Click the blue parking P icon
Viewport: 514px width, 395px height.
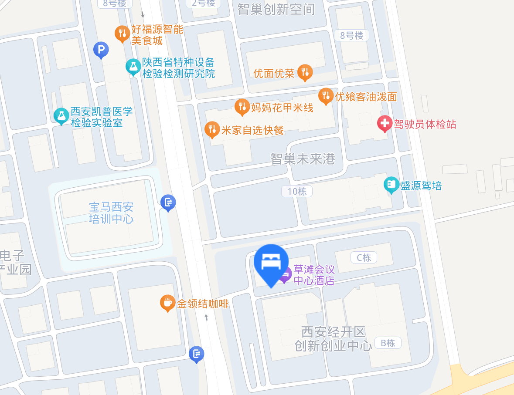pos(101,50)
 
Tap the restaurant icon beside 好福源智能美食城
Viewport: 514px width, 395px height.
pos(123,33)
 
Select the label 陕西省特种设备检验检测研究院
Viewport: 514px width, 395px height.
pos(178,68)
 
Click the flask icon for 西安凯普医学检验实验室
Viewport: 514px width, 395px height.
pos(61,115)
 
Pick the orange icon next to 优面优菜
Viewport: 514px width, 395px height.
pos(305,72)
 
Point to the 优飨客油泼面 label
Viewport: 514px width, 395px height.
pos(366,97)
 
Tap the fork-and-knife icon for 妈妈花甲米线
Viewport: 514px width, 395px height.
pos(242,106)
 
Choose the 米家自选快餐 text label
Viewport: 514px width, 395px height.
pos(252,130)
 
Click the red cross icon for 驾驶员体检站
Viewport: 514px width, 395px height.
pos(385,124)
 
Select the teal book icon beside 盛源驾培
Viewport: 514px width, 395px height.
pos(391,185)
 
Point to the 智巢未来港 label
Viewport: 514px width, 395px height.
pos(303,159)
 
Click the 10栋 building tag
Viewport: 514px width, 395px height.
pos(297,191)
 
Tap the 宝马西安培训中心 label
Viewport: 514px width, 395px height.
pos(111,213)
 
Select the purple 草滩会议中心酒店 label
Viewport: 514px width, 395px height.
pos(314,275)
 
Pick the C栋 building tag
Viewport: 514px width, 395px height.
pos(364,257)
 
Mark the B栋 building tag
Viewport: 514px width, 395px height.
pos(388,343)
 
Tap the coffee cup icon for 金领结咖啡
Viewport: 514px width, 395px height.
pos(167,302)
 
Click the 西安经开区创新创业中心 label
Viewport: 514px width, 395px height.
pos(333,339)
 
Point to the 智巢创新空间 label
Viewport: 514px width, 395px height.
pos(276,9)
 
